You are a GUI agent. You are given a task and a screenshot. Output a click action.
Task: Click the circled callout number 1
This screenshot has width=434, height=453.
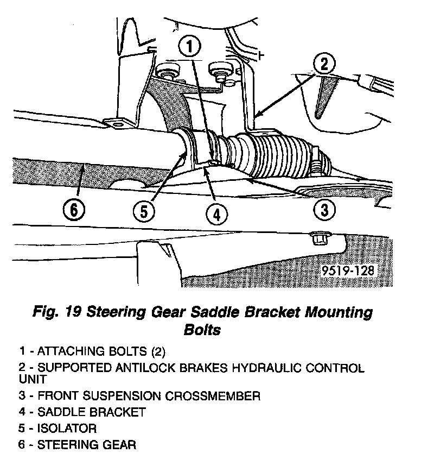(x=189, y=47)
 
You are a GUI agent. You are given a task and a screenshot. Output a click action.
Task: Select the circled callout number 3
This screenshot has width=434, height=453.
(x=324, y=209)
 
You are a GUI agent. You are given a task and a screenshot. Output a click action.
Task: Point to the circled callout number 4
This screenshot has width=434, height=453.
(x=216, y=215)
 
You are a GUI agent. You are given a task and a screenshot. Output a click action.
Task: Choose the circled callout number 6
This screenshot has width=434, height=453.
(x=74, y=209)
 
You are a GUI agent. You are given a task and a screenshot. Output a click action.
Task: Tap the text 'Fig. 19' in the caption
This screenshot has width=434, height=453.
(x=56, y=313)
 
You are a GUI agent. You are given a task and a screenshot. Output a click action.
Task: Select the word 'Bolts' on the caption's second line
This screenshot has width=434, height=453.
(x=203, y=330)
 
